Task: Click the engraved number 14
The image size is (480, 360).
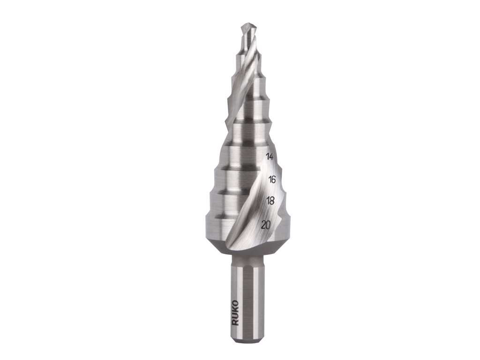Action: click(270, 157)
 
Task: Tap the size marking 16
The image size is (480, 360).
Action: click(272, 180)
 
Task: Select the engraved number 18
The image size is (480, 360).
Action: click(270, 201)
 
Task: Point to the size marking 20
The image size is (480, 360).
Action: click(266, 225)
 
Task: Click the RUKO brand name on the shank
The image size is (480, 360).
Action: click(236, 313)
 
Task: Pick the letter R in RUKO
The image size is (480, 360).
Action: click(236, 322)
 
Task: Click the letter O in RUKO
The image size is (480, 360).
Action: click(236, 303)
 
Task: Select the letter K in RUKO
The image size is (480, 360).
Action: click(236, 310)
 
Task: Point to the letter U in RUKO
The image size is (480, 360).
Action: click(236, 316)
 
